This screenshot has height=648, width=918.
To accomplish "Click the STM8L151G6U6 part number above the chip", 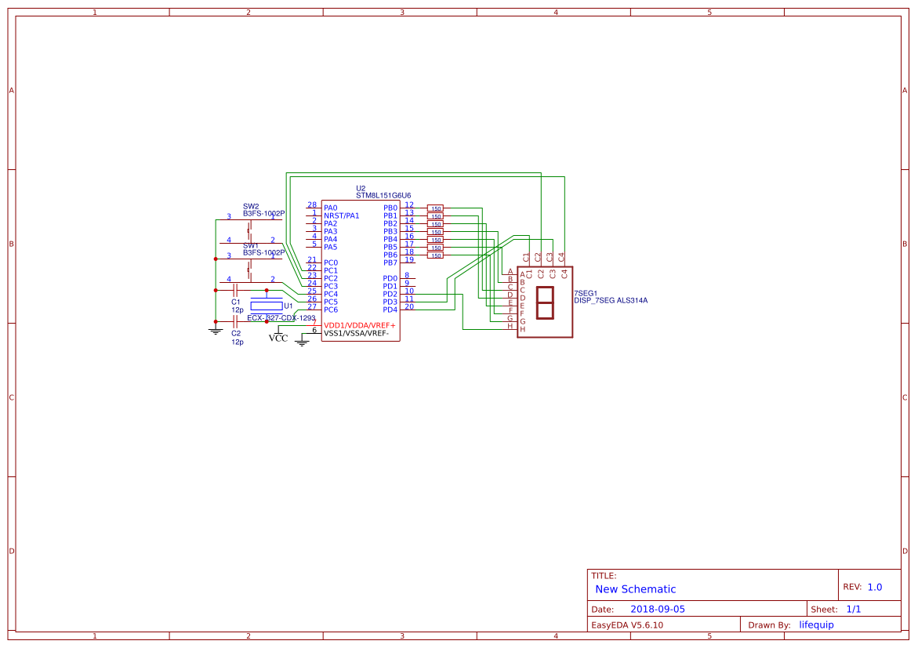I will pos(383,196).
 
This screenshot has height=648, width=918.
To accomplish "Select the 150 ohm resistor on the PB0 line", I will pos(435,208).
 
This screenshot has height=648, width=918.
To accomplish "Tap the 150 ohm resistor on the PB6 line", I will pos(435,255).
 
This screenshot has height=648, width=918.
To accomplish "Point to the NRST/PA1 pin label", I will pos(341,215).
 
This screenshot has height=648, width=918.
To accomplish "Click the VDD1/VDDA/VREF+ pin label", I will pos(360,325).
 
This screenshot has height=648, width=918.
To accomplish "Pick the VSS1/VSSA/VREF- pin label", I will pos(357,333).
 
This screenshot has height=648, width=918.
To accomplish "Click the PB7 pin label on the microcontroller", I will pos(390,262).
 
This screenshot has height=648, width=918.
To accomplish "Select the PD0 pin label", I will pos(390,278).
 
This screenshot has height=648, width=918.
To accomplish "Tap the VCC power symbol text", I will pos(278,338).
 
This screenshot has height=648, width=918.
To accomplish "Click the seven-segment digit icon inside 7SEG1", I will pos(544,302).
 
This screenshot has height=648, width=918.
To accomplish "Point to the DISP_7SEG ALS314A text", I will pos(611,300).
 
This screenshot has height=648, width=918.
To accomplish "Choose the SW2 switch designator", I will pos(251,206).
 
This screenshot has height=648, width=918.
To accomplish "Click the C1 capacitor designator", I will pos(236,302).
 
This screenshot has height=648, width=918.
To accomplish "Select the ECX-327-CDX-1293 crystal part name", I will pos(281,318).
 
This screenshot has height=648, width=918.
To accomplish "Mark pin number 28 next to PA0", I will pos(312,205).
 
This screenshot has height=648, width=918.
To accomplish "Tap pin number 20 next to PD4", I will pos(409,306).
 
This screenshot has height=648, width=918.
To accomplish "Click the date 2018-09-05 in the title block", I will pos(657,609).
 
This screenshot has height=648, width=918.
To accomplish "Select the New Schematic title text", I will pos(635,589).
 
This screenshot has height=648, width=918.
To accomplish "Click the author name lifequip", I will pos(816,624).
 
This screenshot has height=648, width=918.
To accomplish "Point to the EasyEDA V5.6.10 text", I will pos(626,625).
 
